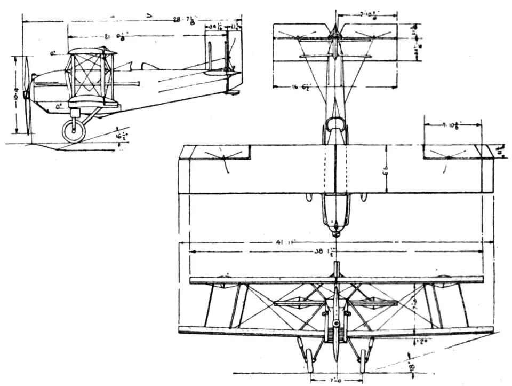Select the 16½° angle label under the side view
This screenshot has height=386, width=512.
(119, 137)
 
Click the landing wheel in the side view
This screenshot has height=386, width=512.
(74, 131)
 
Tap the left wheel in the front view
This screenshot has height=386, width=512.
(309, 360)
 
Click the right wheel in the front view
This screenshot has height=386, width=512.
(363, 360)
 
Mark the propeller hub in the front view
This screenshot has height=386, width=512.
(335, 324)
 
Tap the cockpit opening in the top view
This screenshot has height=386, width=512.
(335, 126)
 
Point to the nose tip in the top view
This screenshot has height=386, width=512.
(335, 233)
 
